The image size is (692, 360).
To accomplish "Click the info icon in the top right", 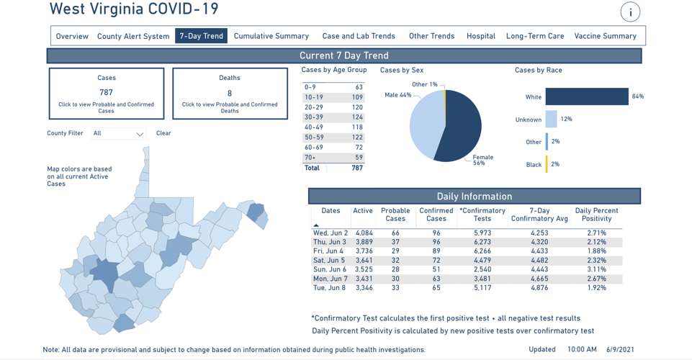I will [x=630, y=12].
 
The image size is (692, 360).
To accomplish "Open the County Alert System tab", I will [x=133, y=36].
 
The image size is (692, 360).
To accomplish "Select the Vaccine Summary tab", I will [x=605, y=36].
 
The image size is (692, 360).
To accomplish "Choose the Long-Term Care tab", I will [x=535, y=36].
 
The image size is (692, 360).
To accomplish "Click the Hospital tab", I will [x=480, y=36].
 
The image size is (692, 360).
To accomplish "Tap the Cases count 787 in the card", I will [x=107, y=93].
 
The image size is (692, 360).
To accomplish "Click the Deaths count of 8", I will [x=230, y=94].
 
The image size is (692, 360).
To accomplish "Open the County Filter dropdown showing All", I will [x=118, y=133].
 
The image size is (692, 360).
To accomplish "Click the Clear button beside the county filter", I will [x=163, y=133].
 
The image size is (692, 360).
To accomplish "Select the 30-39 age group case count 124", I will [x=357, y=117].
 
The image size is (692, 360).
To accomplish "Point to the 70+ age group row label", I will [x=310, y=158].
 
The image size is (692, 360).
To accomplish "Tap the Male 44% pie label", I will [x=397, y=95].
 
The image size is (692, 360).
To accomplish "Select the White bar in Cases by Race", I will [x=586, y=96].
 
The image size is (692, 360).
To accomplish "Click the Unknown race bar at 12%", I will [x=551, y=120].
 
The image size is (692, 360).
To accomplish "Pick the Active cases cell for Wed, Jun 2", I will [x=364, y=233].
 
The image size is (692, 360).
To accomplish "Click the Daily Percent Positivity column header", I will [x=596, y=215].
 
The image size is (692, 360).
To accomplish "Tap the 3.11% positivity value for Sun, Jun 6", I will [x=596, y=269].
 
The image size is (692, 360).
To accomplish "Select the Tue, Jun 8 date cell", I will [x=330, y=288].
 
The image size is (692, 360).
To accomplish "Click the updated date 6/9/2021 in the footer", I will [x=621, y=350].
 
